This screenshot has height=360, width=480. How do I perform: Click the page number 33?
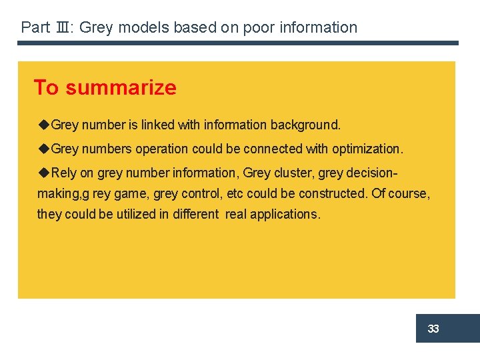(x=433, y=329)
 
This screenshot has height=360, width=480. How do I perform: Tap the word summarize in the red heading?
(x=121, y=87)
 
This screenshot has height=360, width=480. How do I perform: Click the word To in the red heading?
(x=46, y=87)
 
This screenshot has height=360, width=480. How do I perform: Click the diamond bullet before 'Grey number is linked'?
(x=44, y=124)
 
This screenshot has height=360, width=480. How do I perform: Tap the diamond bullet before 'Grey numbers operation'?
(x=44, y=148)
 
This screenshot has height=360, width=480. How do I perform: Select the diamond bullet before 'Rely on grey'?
(x=44, y=173)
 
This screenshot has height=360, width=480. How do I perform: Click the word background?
(x=308, y=125)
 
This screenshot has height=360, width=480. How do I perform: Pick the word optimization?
(x=367, y=149)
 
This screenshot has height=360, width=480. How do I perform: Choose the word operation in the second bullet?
(x=162, y=149)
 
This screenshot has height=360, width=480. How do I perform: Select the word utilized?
(x=125, y=214)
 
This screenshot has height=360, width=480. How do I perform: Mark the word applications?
(x=285, y=215)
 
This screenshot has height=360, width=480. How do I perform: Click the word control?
(x=202, y=194)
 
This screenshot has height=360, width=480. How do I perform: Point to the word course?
(x=410, y=194)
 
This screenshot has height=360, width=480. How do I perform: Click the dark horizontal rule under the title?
(x=238, y=43)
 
